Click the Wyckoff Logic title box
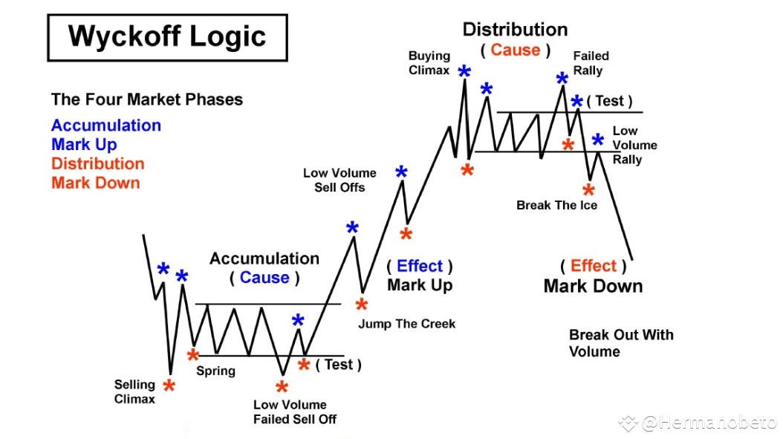point(167,36)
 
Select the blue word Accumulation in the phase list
point(106,126)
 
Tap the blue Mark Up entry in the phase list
point(84,145)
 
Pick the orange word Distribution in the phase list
point(98,164)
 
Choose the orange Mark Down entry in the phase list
point(95,183)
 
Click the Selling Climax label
point(134,391)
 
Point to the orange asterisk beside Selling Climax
point(169,386)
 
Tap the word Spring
point(215,371)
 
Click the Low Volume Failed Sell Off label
point(294,412)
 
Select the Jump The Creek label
point(406,324)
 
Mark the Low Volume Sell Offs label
point(339,180)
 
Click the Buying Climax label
point(429,63)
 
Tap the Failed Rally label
point(591,63)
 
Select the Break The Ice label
point(556,205)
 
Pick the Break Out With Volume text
point(621,343)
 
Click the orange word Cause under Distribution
point(515,51)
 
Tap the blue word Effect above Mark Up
point(420,266)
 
